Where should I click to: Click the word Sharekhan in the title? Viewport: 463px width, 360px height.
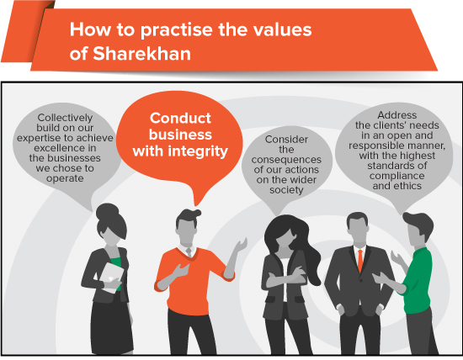pos(142,54)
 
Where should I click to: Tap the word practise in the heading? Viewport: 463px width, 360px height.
pos(176,30)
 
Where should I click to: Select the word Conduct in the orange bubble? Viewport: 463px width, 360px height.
pos(180,119)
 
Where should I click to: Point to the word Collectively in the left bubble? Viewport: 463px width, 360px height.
pos(65,118)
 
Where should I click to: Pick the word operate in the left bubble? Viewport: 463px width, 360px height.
pos(65,179)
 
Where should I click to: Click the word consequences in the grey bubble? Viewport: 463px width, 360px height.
pos(286,160)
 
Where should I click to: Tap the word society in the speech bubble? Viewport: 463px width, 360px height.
pos(286,190)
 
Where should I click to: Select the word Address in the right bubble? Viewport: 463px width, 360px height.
pos(396,114)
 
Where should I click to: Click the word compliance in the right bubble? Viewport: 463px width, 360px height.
pos(396,176)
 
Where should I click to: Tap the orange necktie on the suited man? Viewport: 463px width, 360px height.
pos(360,261)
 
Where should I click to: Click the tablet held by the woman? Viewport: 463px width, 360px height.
pos(112,278)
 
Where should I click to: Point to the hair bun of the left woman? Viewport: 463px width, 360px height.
pos(107,211)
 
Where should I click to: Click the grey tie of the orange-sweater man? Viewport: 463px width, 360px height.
pos(189,252)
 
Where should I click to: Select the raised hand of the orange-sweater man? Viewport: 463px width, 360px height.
pos(242,245)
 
